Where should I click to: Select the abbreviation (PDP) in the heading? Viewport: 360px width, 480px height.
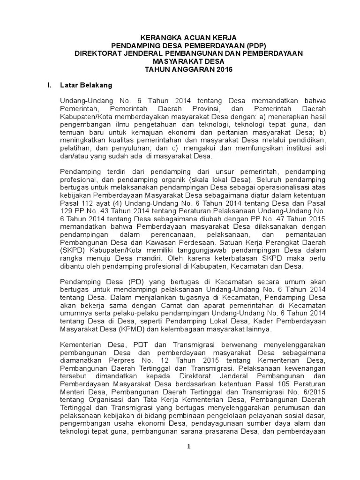[253, 45]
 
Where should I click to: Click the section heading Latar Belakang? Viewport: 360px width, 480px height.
[86, 85]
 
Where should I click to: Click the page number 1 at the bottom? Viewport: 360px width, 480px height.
[188, 446]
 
